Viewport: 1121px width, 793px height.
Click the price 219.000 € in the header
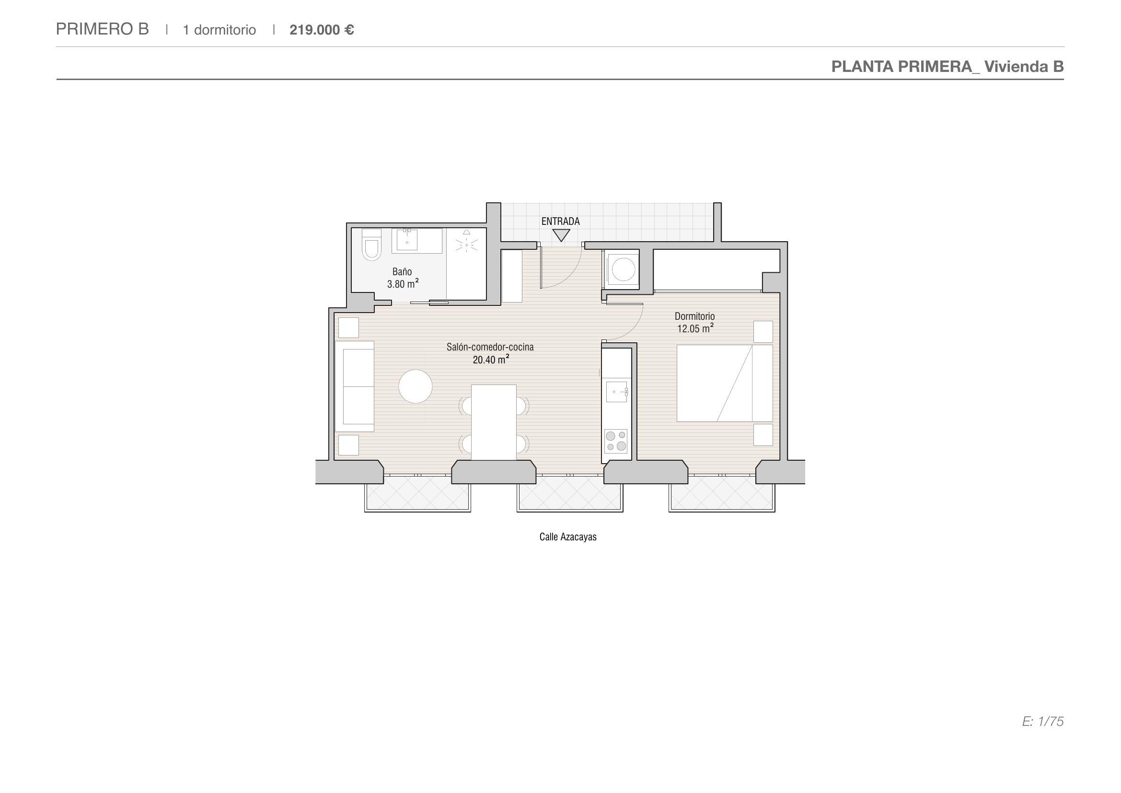(322, 30)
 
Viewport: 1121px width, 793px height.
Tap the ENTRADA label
(561, 221)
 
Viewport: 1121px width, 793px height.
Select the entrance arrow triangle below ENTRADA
(562, 235)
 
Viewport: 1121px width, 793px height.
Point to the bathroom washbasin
(407, 239)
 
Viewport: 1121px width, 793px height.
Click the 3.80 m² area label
(403, 284)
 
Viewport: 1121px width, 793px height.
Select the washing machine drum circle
(624, 269)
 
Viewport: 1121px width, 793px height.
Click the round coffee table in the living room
(416, 386)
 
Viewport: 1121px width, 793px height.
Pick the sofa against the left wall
(355, 386)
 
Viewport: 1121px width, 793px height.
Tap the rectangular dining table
(494, 422)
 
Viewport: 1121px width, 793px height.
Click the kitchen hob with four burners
(616, 441)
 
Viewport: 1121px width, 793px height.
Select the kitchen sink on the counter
(617, 392)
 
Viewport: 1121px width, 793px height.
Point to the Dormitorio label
(695, 316)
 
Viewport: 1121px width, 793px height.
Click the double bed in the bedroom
(725, 384)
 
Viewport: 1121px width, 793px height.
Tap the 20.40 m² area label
(491, 360)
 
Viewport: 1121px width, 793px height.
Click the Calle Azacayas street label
(568, 536)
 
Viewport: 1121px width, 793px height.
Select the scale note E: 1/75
(1043, 721)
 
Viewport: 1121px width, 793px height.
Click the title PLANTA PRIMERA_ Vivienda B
(948, 67)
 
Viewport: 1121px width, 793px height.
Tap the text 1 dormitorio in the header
(219, 30)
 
